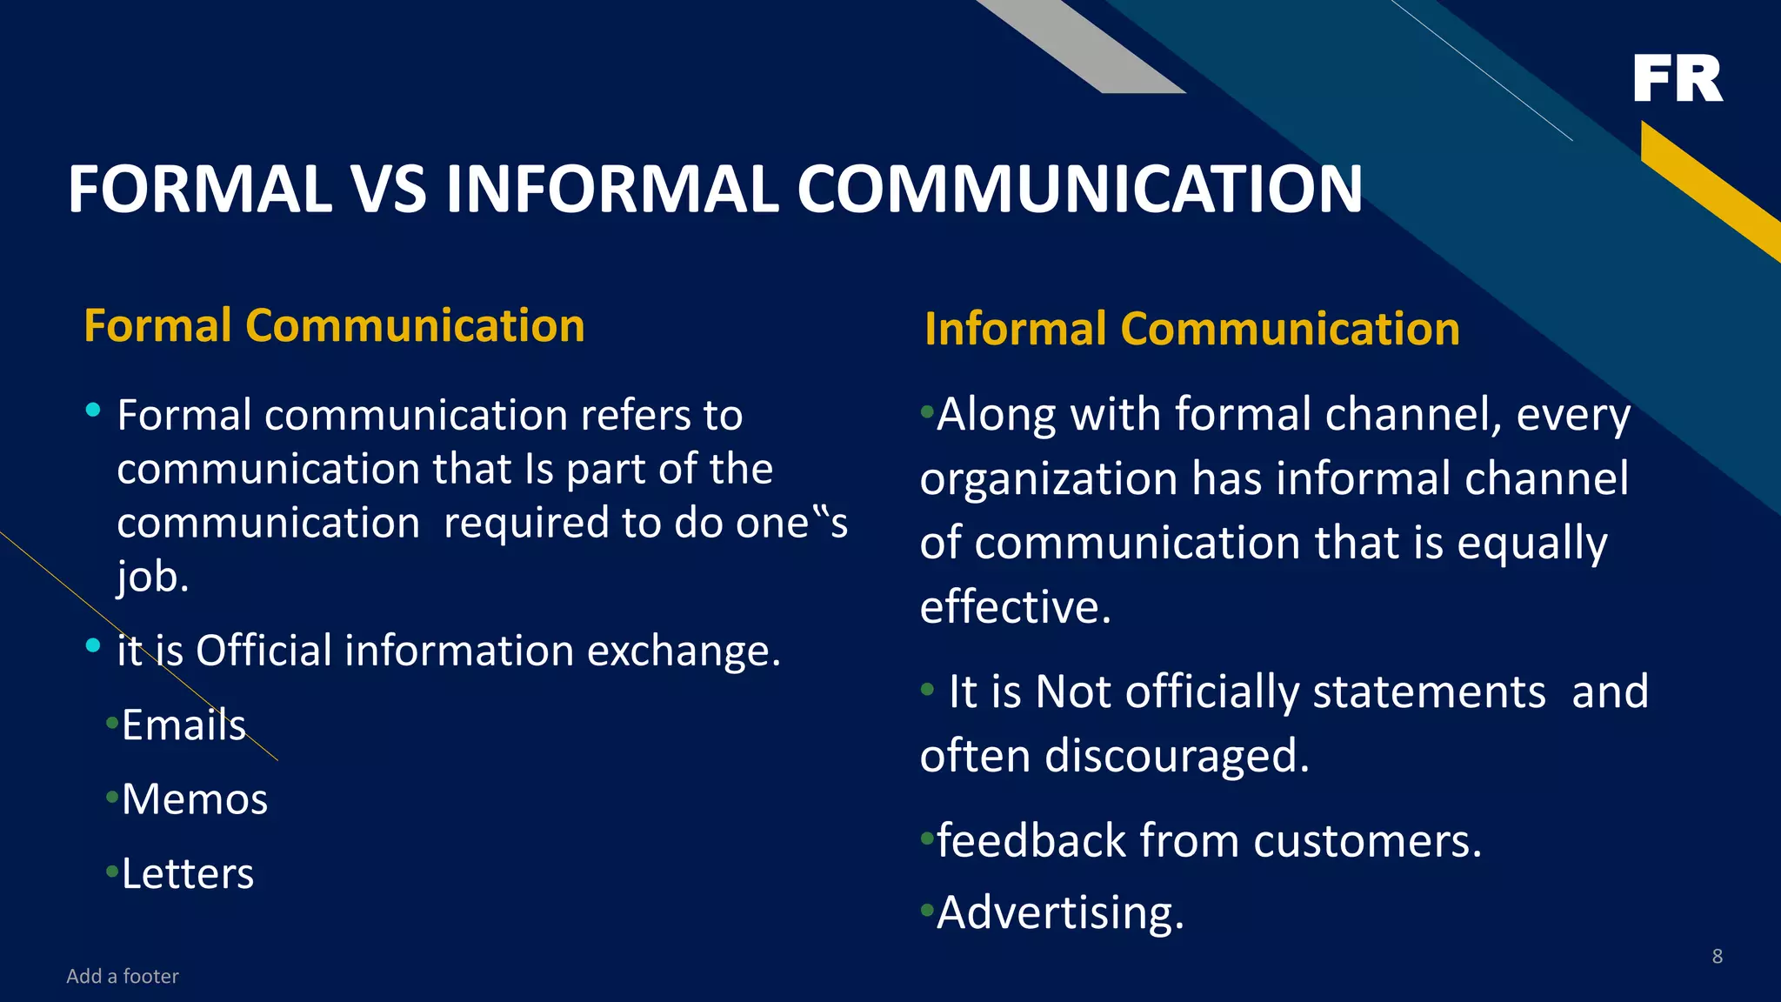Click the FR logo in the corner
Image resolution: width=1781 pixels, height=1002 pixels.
(1677, 78)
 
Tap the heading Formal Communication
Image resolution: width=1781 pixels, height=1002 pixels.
(334, 326)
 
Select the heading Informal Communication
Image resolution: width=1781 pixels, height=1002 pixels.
(1191, 329)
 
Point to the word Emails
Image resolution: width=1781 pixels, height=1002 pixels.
(183, 725)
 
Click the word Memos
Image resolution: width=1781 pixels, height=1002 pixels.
(195, 798)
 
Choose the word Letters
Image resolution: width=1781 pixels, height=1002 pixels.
(188, 873)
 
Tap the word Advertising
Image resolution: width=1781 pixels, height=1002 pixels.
(1060, 912)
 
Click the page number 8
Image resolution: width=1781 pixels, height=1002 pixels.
(1717, 956)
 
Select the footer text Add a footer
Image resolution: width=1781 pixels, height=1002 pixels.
(123, 976)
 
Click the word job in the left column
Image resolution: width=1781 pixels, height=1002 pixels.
(152, 577)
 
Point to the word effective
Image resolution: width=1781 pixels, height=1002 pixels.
(1015, 606)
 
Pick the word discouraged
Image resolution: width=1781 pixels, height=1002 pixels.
(1176, 755)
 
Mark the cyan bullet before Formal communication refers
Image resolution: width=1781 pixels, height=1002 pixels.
(93, 410)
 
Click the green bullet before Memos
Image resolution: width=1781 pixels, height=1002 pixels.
(111, 796)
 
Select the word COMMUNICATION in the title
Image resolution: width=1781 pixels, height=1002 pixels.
(1079, 189)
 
